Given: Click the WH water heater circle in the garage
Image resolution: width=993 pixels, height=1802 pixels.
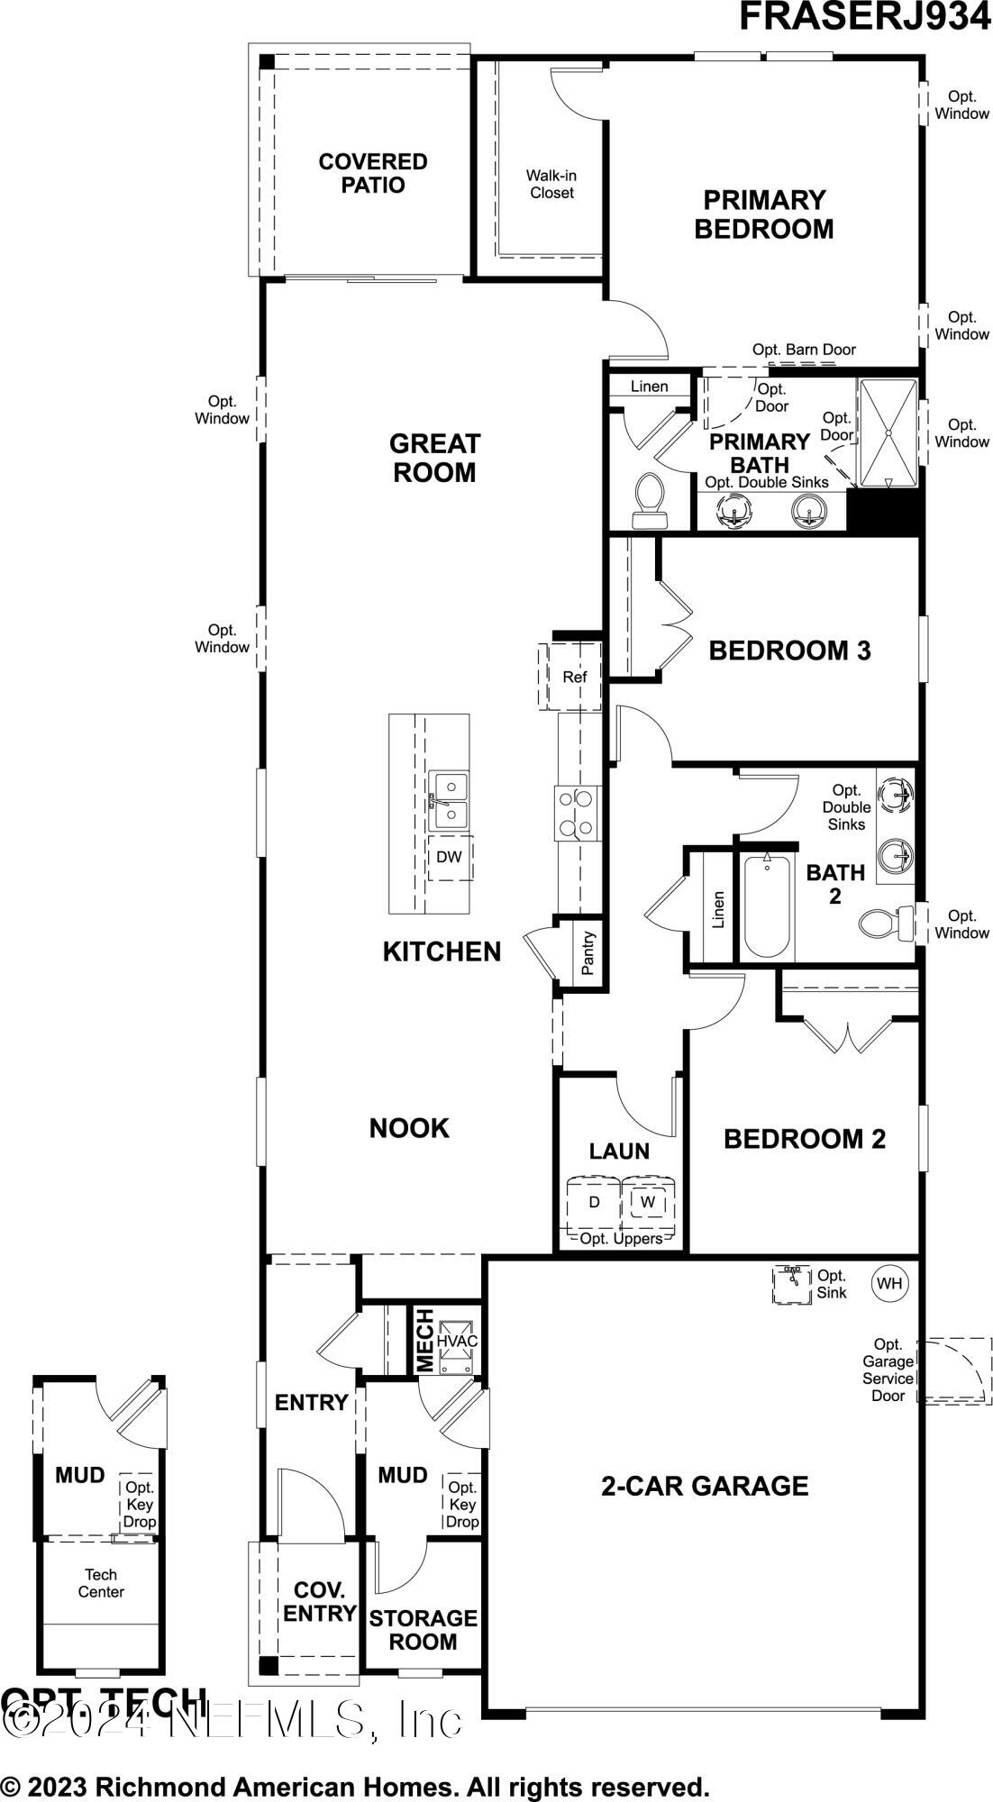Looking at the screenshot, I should (x=889, y=1284).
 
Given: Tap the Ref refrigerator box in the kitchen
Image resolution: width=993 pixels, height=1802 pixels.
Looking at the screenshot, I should (x=574, y=677).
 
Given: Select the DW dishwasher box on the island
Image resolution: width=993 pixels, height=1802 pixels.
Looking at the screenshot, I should (x=449, y=857).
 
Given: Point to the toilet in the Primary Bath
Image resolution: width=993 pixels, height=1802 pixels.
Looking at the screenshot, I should (x=649, y=501).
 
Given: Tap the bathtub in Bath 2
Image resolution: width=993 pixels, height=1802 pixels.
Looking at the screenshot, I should (x=767, y=906).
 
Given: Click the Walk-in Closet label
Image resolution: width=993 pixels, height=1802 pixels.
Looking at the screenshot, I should (x=551, y=185).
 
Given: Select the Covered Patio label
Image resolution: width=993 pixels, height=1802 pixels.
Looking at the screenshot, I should (x=373, y=174).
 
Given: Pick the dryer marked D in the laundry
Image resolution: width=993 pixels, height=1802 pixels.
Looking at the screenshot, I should (x=594, y=1202).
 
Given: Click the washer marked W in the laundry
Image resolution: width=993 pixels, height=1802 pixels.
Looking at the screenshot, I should (x=648, y=1202).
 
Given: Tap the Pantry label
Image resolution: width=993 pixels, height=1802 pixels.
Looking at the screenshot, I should (x=588, y=953).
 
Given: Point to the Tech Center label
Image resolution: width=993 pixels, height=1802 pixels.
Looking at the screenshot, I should (x=101, y=1583).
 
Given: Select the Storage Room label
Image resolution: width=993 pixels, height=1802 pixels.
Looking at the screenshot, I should (x=423, y=1630).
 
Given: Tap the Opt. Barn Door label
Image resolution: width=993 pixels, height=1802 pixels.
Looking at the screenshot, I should (x=804, y=350).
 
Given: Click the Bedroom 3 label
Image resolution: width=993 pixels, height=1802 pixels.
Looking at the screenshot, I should (x=789, y=651).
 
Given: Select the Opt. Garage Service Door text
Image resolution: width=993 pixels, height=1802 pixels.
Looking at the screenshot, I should (x=888, y=1370).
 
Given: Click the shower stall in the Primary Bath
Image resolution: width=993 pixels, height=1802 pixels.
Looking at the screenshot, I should (x=888, y=433).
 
